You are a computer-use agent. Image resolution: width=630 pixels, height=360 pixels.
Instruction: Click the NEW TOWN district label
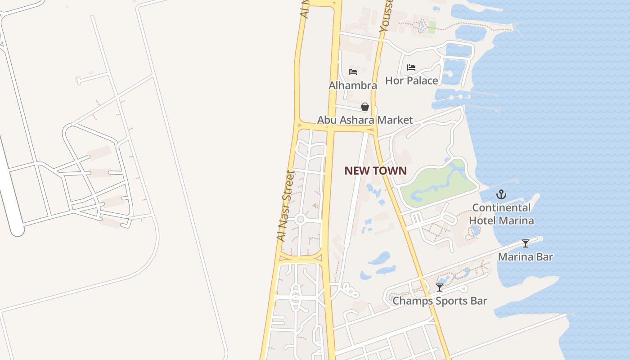pos(375,171)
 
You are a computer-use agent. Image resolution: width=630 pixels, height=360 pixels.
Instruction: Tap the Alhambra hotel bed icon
pos(353,72)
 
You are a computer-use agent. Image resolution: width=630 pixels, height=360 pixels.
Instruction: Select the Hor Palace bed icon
pos(411,67)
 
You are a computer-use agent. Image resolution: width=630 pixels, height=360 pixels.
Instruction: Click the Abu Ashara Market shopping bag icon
pos(365,107)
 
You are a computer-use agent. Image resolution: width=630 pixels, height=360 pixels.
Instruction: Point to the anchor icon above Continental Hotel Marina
pos(501,194)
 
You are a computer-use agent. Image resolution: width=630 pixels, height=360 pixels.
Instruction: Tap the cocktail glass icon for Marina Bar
pos(525,243)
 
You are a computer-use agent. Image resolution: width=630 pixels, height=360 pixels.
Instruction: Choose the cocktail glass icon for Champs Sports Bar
pos(440,287)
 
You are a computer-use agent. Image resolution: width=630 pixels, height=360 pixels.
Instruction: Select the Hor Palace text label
pos(411,81)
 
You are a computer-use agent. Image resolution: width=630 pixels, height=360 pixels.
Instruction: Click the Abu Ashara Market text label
pos(364,120)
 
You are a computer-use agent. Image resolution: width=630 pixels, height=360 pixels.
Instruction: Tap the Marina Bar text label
pos(525,257)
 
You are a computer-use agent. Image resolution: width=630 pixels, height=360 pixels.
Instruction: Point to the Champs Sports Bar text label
pos(440,301)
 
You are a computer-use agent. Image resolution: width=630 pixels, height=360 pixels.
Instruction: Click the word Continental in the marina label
pos(501,208)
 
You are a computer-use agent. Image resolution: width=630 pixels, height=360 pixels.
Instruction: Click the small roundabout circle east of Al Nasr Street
pos(301,220)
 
